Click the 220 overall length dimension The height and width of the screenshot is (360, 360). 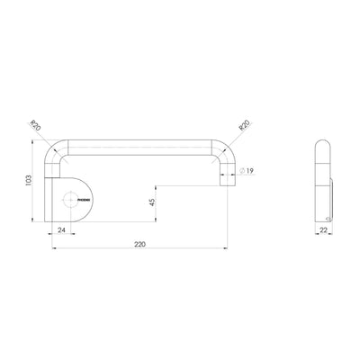[139, 244]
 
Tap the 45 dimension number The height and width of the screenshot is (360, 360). [153, 202]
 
